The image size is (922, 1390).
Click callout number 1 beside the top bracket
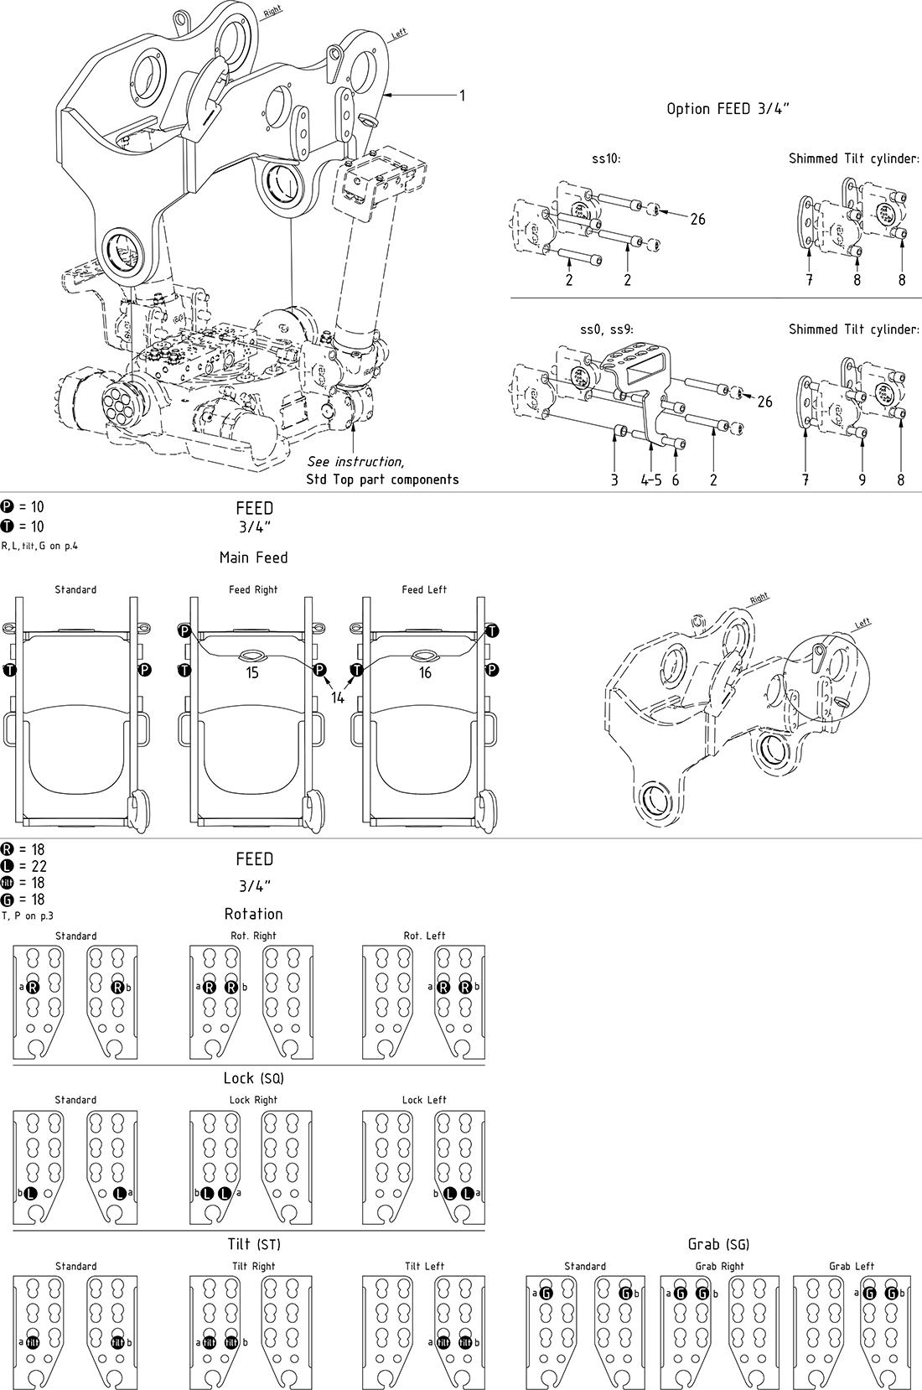click(461, 96)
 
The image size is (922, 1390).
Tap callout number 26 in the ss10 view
click(697, 220)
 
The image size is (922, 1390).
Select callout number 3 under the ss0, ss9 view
click(614, 480)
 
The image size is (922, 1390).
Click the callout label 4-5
click(651, 480)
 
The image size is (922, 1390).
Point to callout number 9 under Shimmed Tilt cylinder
click(862, 480)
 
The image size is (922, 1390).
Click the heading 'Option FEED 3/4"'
click(728, 109)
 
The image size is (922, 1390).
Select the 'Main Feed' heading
click(253, 558)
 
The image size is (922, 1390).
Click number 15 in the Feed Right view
click(252, 673)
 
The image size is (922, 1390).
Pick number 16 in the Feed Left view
click(425, 673)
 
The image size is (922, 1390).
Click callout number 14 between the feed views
click(338, 698)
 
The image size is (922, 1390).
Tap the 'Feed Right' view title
click(253, 590)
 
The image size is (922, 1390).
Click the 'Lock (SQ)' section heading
click(253, 1078)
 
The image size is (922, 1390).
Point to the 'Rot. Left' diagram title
click(424, 936)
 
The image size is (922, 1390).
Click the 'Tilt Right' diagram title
click(253, 1266)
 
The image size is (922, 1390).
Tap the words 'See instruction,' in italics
click(355, 462)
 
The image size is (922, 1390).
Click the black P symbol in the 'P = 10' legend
click(8, 507)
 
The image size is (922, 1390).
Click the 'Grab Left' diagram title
click(852, 1266)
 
